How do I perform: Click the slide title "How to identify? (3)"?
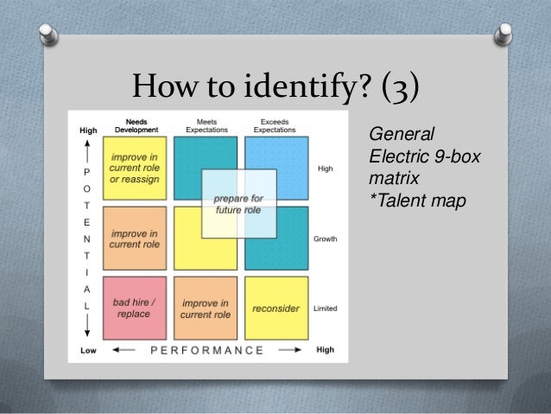275,88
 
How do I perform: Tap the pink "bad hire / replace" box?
134,307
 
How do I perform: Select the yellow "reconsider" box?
275,308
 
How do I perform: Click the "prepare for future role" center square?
239,203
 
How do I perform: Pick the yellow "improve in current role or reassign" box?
134,168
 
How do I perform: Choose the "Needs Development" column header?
134,124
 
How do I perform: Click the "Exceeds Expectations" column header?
275,124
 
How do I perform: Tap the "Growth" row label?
325,239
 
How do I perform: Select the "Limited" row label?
326,309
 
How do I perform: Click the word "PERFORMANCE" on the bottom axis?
207,350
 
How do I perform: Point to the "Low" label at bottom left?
88,350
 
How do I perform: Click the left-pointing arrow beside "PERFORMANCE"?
126,350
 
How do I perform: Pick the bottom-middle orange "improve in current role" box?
205,308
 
